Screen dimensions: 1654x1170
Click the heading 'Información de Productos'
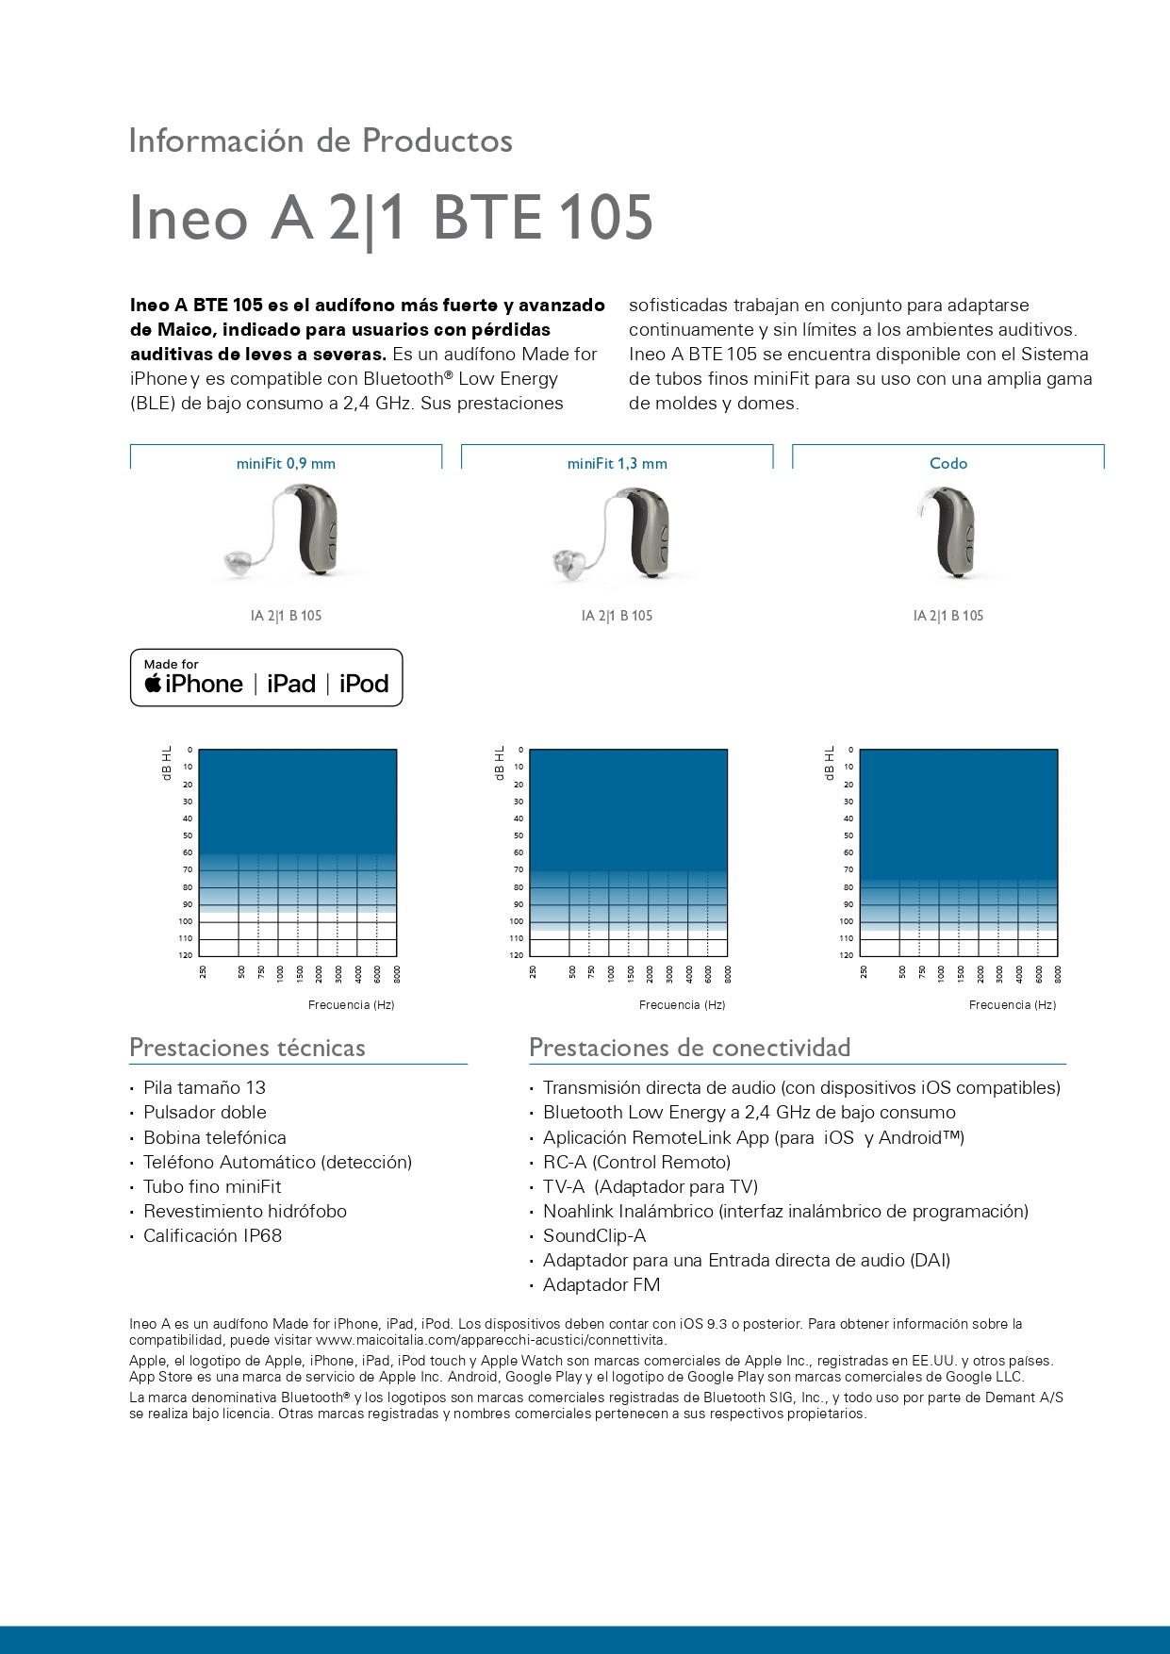click(321, 141)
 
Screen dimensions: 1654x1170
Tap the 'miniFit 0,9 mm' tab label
click(286, 464)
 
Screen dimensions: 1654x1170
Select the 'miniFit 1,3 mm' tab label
click(617, 464)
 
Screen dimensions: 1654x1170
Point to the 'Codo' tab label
click(948, 464)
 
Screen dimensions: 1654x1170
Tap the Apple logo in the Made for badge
click(153, 684)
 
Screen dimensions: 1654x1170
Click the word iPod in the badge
click(364, 684)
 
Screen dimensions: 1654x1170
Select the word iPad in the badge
click(291, 684)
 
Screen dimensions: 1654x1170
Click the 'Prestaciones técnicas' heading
click(247, 1048)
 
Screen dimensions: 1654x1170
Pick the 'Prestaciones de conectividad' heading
click(689, 1048)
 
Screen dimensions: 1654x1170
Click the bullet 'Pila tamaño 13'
click(204, 1087)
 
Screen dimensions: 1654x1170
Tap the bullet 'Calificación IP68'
click(212, 1235)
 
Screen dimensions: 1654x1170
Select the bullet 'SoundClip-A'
click(594, 1235)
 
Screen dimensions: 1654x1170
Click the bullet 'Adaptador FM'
click(601, 1284)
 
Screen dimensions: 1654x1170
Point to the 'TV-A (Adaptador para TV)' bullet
click(650, 1186)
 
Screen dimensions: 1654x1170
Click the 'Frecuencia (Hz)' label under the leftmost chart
click(351, 1005)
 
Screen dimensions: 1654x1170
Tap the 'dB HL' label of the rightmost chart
click(830, 763)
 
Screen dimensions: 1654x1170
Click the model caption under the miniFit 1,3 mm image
click(617, 616)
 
